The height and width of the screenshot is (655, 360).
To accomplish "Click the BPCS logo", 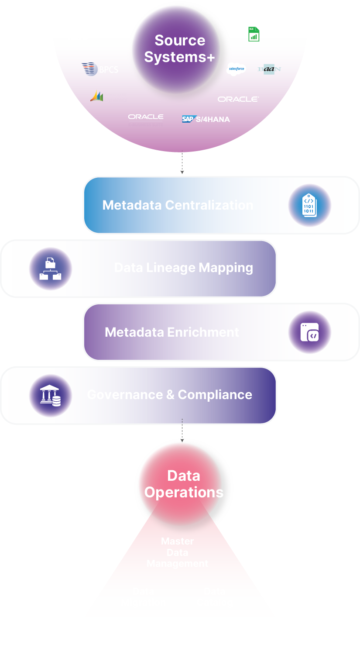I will coord(100,69).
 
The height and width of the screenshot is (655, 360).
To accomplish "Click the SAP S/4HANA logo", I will coord(206,119).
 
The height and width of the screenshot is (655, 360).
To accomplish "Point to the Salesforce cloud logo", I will coord(237,69).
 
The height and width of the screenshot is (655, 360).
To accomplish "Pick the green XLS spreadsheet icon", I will coord(254,34).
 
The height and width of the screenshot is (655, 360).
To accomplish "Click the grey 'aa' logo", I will coord(269,69).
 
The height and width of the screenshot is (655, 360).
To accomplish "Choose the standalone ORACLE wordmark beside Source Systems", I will coord(238,99).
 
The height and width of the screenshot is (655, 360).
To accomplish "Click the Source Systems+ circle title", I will coord(179,48).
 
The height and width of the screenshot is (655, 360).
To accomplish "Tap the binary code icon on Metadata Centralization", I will coord(309,205).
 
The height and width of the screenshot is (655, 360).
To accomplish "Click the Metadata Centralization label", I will coord(178,205).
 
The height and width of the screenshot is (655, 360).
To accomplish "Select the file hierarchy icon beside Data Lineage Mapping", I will coord(51,269).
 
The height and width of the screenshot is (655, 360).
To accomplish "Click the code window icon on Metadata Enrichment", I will coord(309,332).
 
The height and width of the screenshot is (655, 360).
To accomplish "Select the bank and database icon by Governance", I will coord(51,396).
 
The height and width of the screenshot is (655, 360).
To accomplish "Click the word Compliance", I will coord(215,395).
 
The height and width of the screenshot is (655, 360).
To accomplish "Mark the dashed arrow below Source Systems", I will coord(182,164).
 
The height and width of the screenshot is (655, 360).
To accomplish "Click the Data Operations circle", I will coord(184,484).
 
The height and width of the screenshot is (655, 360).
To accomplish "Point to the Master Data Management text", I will coord(177,552).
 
